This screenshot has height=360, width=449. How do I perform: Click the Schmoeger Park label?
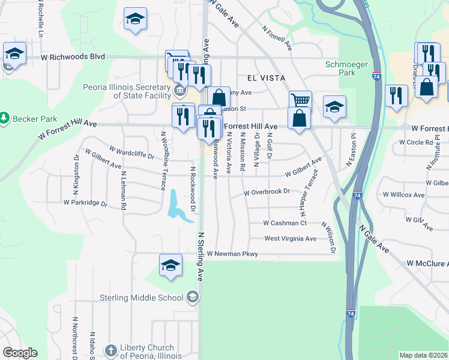tap(340, 68)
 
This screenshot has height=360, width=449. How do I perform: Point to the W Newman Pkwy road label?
tap(232, 254)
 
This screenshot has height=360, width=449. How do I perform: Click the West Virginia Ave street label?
tap(290, 238)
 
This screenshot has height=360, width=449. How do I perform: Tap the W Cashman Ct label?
tap(285, 223)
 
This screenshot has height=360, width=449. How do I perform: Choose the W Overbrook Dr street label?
tap(267, 193)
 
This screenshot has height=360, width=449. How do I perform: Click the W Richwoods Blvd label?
tap(73, 57)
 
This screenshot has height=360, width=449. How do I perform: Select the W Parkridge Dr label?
tap(85, 203)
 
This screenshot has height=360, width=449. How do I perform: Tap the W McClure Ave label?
tap(427, 263)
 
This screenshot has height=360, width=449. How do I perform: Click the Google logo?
tap(19, 353)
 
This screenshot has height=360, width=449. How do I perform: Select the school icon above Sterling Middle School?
tap(170, 266)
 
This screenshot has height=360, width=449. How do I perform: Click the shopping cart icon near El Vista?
tap(300, 100)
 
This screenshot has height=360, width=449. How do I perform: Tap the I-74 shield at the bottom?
tap(351, 313)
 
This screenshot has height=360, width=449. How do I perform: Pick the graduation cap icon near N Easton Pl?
tap(334, 106)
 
